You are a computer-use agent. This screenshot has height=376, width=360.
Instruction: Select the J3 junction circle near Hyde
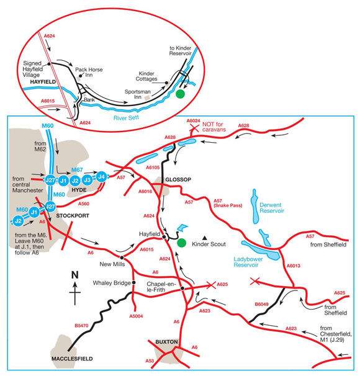click(88, 180)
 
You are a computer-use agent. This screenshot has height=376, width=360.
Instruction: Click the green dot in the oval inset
click(180, 94)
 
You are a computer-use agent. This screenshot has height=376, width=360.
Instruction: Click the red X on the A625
click(211, 285)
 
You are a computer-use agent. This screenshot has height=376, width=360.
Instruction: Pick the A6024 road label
click(194, 120)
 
